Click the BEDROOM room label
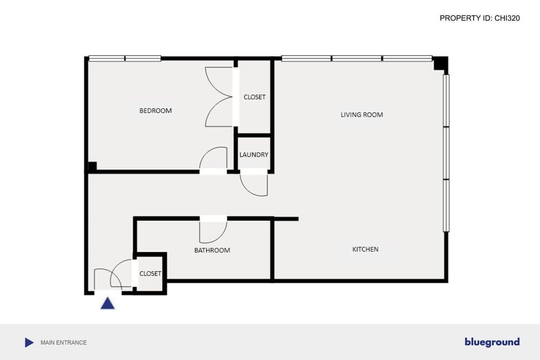click(x=155, y=111)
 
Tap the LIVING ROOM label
click(x=362, y=115)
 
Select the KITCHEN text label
click(x=365, y=249)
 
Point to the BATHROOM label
click(x=212, y=250)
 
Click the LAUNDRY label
click(x=254, y=155)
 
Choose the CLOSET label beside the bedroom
click(x=254, y=97)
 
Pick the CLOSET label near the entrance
click(x=150, y=274)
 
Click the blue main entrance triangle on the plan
click(x=107, y=304)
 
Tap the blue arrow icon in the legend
click(x=29, y=342)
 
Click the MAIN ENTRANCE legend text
click(x=64, y=343)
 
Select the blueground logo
click(x=492, y=342)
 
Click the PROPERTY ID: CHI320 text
click(x=479, y=18)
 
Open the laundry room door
click(x=254, y=184)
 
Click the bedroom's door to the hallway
click(x=214, y=159)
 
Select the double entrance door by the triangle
click(x=112, y=278)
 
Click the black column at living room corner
click(x=440, y=64)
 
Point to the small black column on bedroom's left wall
click(x=92, y=167)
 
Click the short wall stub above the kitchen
click(x=286, y=219)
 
